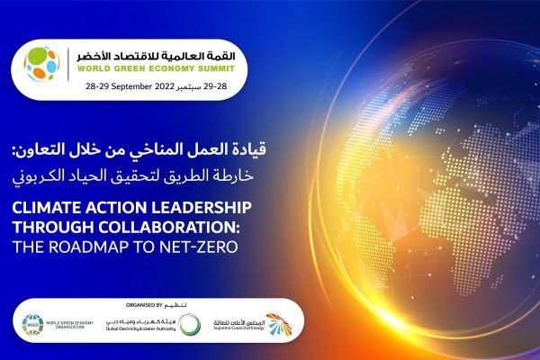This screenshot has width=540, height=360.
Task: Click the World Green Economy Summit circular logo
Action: [42, 65]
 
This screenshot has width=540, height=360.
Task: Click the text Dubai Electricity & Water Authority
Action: [144, 328]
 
